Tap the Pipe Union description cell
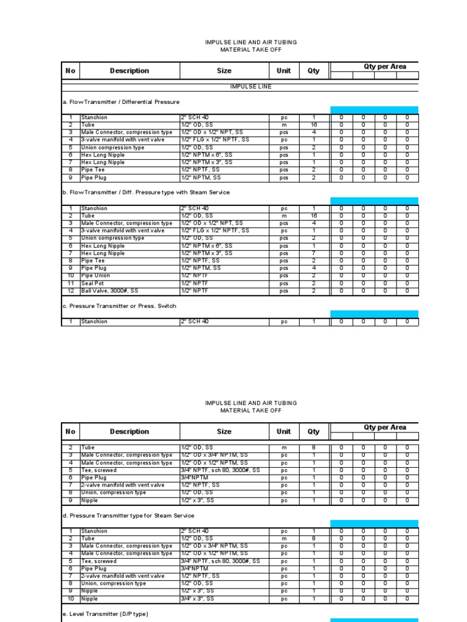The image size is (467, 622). pyautogui.click(x=95, y=276)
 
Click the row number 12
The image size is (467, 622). pyautogui.click(x=71, y=290)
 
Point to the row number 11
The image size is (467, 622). pyautogui.click(x=71, y=283)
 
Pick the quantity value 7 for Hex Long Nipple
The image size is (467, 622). pyautogui.click(x=314, y=253)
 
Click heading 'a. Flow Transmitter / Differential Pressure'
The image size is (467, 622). pyautogui.click(x=121, y=102)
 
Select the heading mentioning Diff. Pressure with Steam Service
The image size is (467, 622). pyautogui.click(x=146, y=193)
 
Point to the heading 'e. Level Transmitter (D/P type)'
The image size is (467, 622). pyautogui.click(x=105, y=614)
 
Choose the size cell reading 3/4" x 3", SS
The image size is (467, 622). pyautogui.click(x=198, y=599)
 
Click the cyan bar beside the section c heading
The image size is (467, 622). pyautogui.click(x=374, y=314)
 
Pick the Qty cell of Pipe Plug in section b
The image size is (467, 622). pyautogui.click(x=314, y=268)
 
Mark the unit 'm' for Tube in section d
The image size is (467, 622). pyautogui.click(x=284, y=539)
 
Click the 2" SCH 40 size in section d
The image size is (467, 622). pyautogui.click(x=195, y=531)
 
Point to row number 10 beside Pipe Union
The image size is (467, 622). pyautogui.click(x=71, y=276)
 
